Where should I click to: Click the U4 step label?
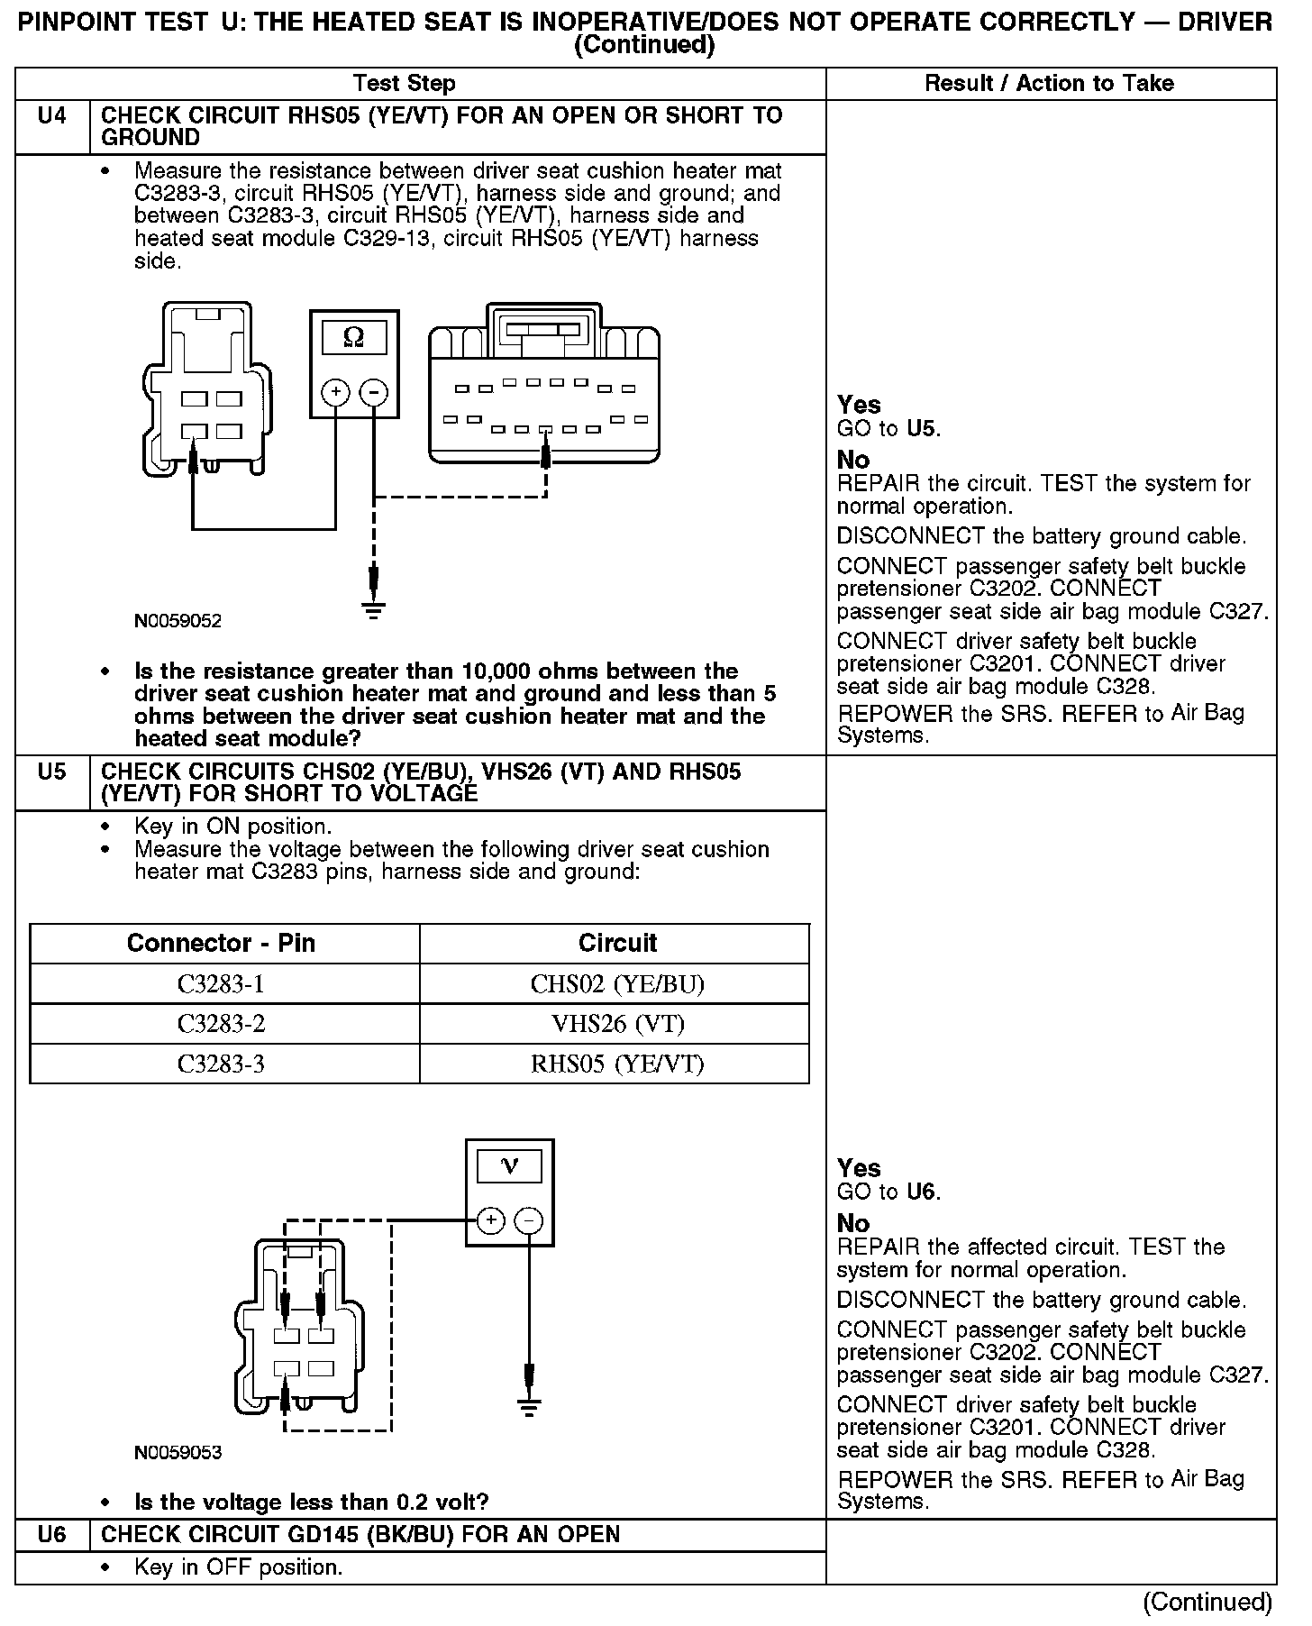coord(52,116)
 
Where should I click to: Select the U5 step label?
coord(52,772)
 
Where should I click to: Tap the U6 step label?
coord(52,1535)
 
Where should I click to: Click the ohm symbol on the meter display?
coord(354,338)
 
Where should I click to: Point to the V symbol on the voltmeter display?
coord(509,1166)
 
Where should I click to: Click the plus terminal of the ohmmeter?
coord(335,392)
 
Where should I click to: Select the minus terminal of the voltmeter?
coord(528,1220)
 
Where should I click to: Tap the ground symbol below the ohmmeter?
coord(373,609)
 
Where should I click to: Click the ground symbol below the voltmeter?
coord(528,1407)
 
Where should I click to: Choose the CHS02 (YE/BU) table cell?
coord(617,983)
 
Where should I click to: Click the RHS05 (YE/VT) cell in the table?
coord(617,1064)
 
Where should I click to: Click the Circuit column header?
coord(617,943)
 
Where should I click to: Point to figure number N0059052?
coord(178,621)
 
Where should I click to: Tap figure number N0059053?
coord(178,1452)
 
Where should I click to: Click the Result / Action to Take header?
coord(1050,84)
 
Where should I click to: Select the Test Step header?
coord(405,84)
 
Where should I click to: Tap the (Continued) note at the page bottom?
coord(1207,1602)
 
